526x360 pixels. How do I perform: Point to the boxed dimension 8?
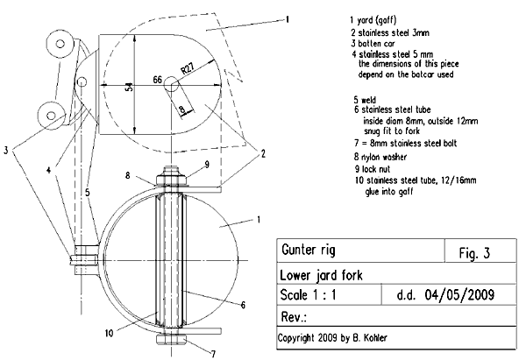click(x=181, y=109)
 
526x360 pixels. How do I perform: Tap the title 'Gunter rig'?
click(x=309, y=251)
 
